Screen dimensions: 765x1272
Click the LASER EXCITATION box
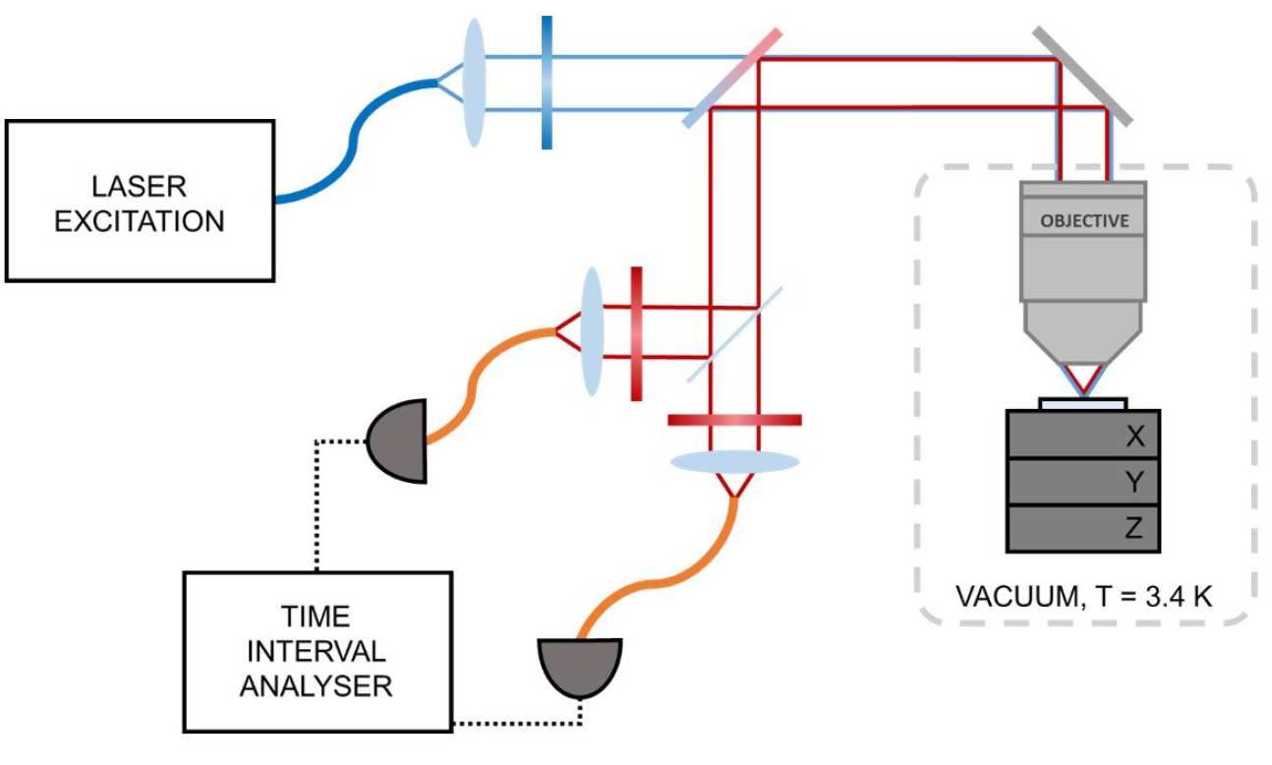pos(139,201)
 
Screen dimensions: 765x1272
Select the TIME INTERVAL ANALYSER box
pos(317,651)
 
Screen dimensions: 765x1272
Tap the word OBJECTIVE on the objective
pos(1084,220)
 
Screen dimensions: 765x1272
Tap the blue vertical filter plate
pos(547,83)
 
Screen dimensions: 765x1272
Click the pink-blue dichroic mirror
pos(733,78)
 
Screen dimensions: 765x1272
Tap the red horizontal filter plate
pos(733,420)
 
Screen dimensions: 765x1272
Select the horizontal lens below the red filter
pos(733,460)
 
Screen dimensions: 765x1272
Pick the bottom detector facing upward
pos(580,664)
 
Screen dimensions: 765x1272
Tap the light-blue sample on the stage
pos(1083,403)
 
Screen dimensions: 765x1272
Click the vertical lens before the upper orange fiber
pos(592,332)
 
